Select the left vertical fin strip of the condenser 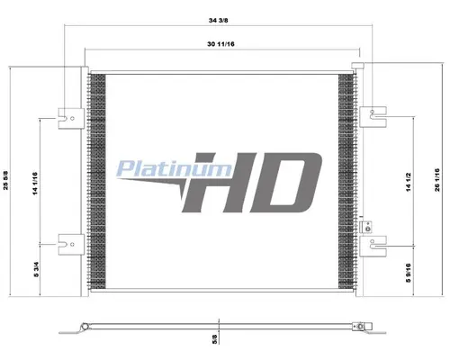tap(97, 180)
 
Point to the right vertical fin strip tap(346, 180)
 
